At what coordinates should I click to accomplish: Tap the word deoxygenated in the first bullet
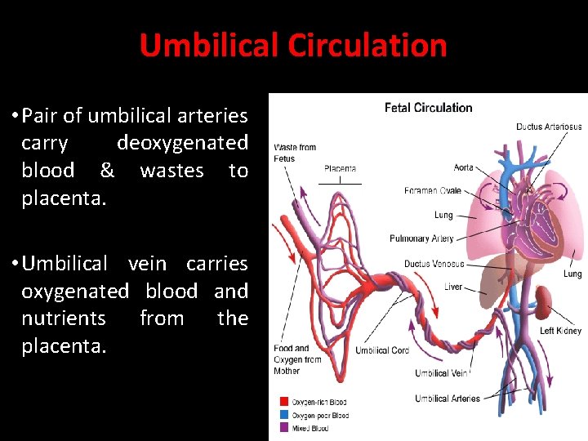[x=182, y=143]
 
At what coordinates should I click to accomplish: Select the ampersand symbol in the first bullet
[x=107, y=171]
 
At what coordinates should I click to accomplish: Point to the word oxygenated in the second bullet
[x=75, y=291]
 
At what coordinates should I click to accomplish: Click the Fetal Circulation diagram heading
[x=429, y=108]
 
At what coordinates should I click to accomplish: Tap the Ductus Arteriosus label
[x=549, y=127]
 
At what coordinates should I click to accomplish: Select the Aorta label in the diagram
[x=463, y=167]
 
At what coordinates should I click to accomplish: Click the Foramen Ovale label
[x=433, y=191]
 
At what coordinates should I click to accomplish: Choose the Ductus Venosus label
[x=434, y=264]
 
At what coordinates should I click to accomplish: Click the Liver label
[x=453, y=287]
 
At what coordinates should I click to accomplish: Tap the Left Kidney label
[x=560, y=331]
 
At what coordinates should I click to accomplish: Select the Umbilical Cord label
[x=381, y=350]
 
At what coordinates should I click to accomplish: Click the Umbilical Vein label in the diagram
[x=442, y=373]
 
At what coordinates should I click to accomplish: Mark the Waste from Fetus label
[x=295, y=153]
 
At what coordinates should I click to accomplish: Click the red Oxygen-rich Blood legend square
[x=284, y=402]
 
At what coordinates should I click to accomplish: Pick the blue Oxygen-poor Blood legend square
[x=284, y=415]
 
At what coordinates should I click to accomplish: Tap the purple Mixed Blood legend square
[x=284, y=428]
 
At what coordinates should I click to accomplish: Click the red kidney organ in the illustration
[x=542, y=304]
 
